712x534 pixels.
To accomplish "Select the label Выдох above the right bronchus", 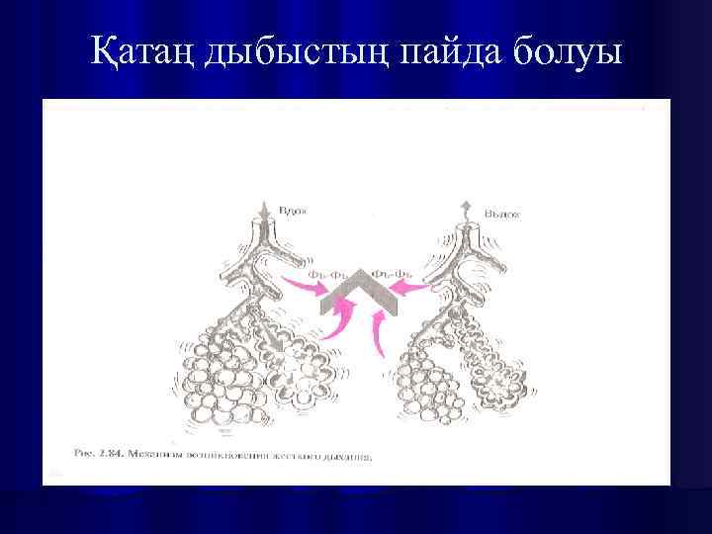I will point(505,212).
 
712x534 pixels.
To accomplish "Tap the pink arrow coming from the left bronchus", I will point(303,288).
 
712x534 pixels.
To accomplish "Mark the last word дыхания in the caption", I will point(346,456).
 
